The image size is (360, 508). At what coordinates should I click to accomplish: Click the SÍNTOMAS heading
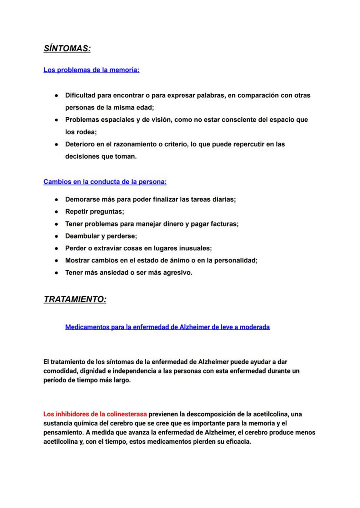click(67, 49)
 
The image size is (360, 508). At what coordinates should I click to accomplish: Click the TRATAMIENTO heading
click(75, 299)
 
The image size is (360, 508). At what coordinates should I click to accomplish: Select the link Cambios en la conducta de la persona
click(105, 182)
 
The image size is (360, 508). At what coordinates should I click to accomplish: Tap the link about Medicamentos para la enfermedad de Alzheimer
click(167, 327)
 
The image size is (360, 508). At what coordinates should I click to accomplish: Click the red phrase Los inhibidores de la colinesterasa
click(95, 414)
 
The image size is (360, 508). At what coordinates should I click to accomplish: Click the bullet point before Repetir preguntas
click(57, 212)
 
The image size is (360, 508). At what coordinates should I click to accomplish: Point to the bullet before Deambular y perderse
click(57, 236)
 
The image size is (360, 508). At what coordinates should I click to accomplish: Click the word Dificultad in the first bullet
click(81, 95)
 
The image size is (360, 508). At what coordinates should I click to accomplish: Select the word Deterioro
click(80, 144)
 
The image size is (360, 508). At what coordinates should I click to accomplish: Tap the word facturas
click(223, 224)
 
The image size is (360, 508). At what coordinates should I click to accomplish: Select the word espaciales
click(117, 120)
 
